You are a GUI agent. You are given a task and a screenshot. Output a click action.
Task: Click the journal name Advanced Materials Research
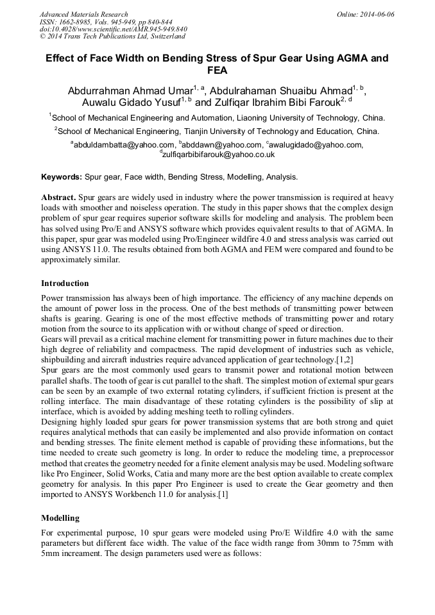coord(83,14)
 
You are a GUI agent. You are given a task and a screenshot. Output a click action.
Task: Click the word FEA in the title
coord(217,71)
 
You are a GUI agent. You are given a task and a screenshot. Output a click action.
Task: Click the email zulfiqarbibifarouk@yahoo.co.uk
coord(219,155)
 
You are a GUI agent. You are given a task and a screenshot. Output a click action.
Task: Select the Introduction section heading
coord(65,283)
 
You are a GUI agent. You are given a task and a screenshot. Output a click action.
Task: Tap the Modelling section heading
coord(60,518)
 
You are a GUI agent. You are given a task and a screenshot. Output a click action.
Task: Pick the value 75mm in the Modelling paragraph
coord(349,544)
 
